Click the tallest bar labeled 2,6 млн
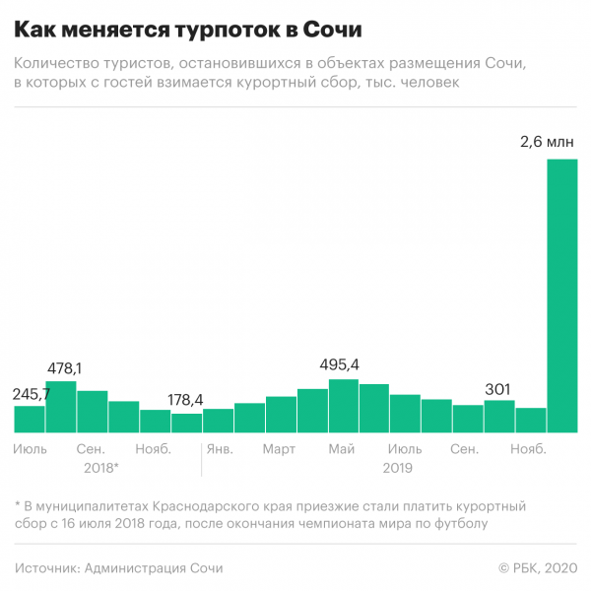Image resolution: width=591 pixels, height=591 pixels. tap(561, 295)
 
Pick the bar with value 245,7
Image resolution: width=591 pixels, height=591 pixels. tap(30, 420)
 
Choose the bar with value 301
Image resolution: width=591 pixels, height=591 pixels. tap(499, 417)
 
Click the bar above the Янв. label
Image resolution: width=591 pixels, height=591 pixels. tap(218, 422)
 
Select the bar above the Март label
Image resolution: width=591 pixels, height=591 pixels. tap(281, 415)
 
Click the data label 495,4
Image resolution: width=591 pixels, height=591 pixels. tap(340, 364)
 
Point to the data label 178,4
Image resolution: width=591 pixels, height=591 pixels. tap(185, 399)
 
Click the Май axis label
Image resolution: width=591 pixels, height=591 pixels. tap(342, 449)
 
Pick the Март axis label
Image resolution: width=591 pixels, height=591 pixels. tap(279, 449)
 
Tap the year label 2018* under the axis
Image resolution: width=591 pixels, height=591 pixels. tap(100, 468)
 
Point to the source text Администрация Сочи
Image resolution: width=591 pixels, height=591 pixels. tap(154, 568)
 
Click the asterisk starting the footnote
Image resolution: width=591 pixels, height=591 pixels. tap(19, 505)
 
